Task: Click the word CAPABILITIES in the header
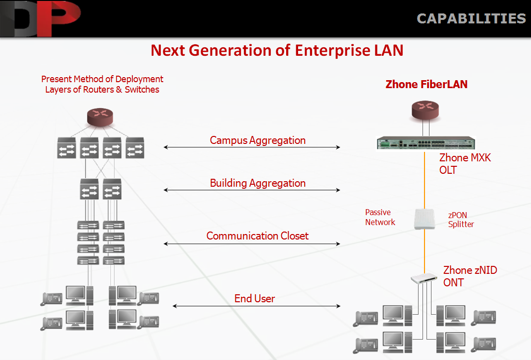(x=471, y=18)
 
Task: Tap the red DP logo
(x=41, y=18)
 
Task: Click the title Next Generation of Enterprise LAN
(x=277, y=50)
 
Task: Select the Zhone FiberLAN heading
(x=426, y=84)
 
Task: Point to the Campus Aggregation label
(x=258, y=140)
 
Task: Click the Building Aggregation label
(x=258, y=183)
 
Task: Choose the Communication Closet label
(x=257, y=236)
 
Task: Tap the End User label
(x=255, y=298)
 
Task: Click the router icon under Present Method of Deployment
(x=100, y=118)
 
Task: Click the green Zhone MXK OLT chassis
(x=426, y=143)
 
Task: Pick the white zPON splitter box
(x=425, y=219)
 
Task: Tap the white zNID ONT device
(x=424, y=278)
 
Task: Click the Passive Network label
(x=380, y=217)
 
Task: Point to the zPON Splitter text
(x=461, y=220)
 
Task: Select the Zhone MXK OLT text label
(x=465, y=164)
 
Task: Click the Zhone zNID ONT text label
(x=470, y=276)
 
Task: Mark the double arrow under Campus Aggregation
(x=252, y=147)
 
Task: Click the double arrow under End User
(x=256, y=306)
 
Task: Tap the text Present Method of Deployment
(x=103, y=79)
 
